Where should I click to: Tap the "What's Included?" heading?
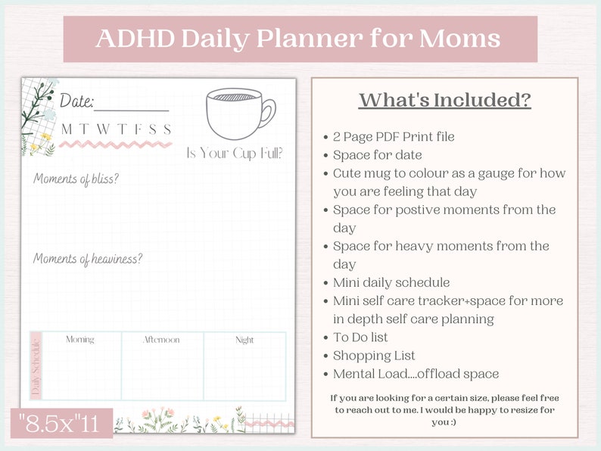pos(444,100)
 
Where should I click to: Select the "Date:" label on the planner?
pos(76,101)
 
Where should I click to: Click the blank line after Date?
pos(132,108)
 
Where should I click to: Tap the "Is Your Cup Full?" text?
pos(235,154)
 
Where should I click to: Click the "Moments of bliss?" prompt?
pos(76,179)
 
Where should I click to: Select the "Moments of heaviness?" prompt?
pos(88,259)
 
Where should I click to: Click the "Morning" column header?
pos(80,340)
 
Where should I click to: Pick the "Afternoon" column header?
pos(161,340)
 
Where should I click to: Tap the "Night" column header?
pos(244,340)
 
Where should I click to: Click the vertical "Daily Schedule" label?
pos(36,366)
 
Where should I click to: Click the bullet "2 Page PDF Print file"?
pos(394,136)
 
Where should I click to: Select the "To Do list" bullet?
pos(360,337)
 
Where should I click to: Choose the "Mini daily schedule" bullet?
pos(391,282)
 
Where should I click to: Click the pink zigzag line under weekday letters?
pos(117,143)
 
